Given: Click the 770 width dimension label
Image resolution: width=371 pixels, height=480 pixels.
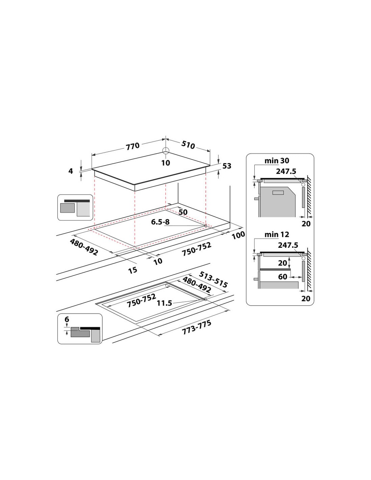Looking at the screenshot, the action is pyautogui.click(x=133, y=146).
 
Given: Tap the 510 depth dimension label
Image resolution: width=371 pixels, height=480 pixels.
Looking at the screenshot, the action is pyautogui.click(x=188, y=145).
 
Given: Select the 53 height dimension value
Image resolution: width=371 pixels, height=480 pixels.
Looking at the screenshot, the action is pyautogui.click(x=227, y=166).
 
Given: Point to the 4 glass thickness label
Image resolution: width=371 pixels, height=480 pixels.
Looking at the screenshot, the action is pyautogui.click(x=70, y=171).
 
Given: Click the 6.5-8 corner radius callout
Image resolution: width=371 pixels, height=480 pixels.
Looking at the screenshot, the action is pyautogui.click(x=160, y=222).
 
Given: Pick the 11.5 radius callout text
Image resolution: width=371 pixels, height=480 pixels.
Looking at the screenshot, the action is pyautogui.click(x=164, y=303).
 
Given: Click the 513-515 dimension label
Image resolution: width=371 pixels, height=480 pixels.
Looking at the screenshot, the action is pyautogui.click(x=213, y=279).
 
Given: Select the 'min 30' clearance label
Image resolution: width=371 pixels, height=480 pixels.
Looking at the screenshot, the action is pyautogui.click(x=277, y=161).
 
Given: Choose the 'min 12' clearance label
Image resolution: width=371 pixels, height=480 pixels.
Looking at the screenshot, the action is pyautogui.click(x=277, y=234).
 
